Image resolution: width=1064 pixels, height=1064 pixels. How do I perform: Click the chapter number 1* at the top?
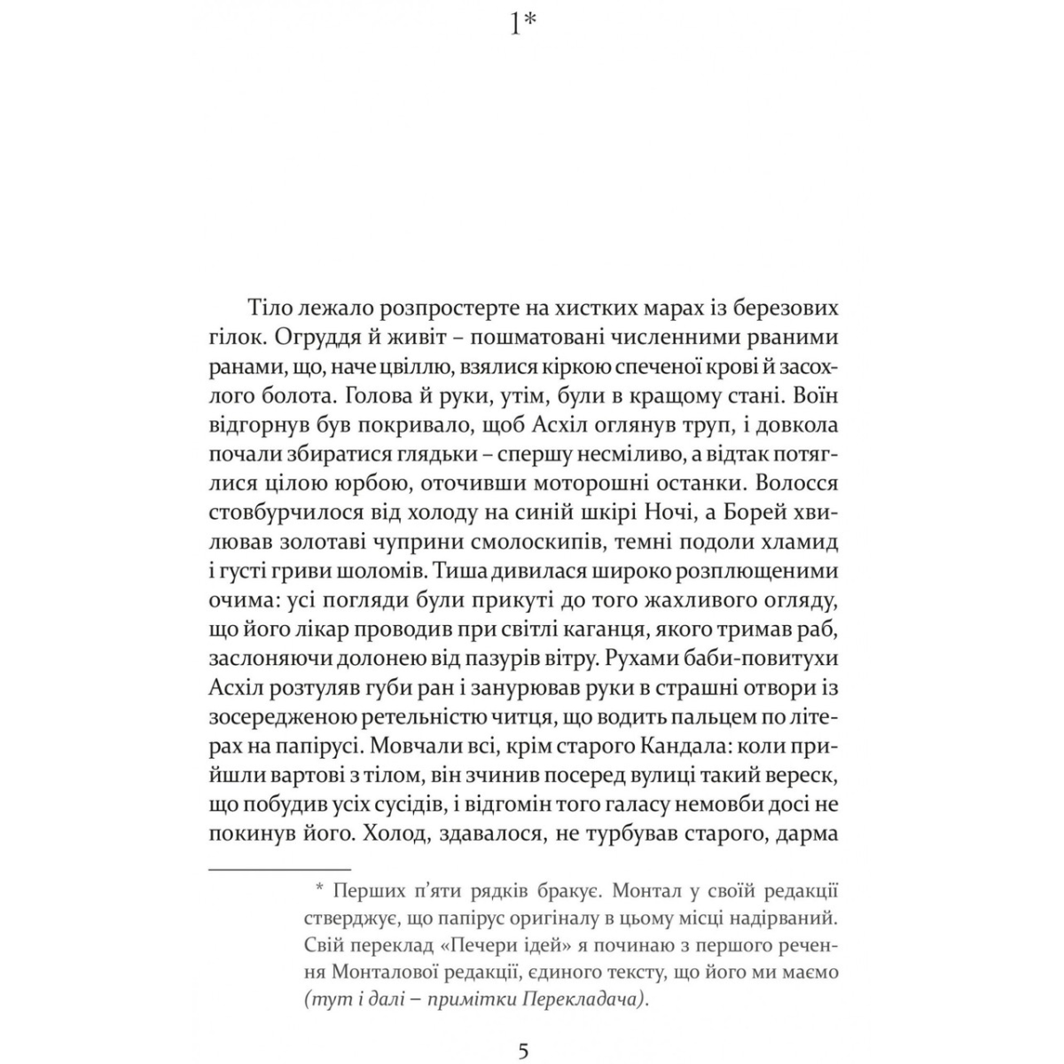[523, 24]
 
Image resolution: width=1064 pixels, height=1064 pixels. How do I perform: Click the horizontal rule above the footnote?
[280, 870]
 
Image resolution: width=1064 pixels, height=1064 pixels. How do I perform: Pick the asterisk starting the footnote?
[320, 889]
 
